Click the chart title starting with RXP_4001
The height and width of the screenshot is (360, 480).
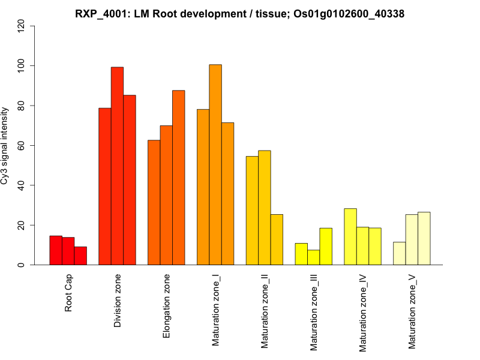(x=239, y=13)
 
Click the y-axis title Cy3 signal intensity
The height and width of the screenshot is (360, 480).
(x=5, y=145)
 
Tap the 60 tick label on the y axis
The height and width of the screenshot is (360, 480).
(x=22, y=145)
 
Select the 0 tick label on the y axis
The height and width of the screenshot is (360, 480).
(x=22, y=265)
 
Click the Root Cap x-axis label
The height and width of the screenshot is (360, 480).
(x=68, y=294)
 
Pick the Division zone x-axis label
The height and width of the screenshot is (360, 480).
(x=118, y=301)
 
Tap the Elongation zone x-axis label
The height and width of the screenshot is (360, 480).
(x=167, y=305)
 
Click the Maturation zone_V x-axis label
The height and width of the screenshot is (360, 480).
(x=412, y=311)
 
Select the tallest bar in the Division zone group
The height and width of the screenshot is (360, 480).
(x=118, y=166)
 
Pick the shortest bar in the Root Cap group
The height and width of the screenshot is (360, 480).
(x=80, y=256)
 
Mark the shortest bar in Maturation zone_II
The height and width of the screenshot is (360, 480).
(x=277, y=239)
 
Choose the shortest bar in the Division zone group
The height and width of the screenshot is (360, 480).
(x=105, y=186)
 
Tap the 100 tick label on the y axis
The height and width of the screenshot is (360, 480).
(x=22, y=65)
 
